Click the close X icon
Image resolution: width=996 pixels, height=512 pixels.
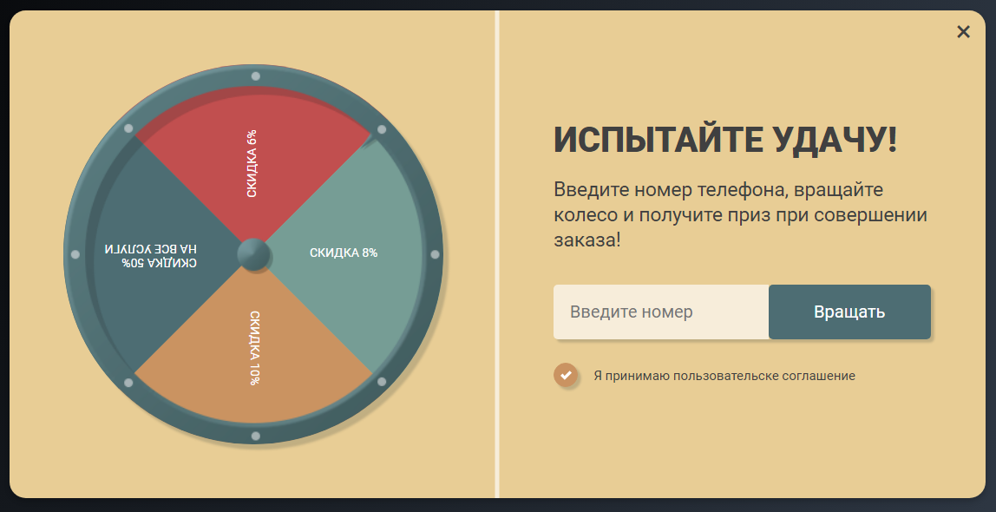click(963, 32)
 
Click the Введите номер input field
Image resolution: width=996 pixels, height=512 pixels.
click(661, 312)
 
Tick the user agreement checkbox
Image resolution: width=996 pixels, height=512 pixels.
click(566, 376)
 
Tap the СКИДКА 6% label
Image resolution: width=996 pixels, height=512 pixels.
click(252, 164)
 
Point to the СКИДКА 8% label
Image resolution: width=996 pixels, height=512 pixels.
click(344, 253)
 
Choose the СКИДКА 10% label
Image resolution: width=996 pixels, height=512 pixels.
click(255, 348)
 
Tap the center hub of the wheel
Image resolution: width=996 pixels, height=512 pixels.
click(254, 255)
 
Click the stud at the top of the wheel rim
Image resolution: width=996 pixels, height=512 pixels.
click(255, 76)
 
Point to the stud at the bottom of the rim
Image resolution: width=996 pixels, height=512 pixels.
click(255, 437)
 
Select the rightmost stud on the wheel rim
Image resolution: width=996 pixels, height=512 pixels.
click(436, 255)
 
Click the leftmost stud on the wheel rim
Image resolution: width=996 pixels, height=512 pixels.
click(75, 255)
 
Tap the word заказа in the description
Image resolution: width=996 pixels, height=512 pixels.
click(583, 240)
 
